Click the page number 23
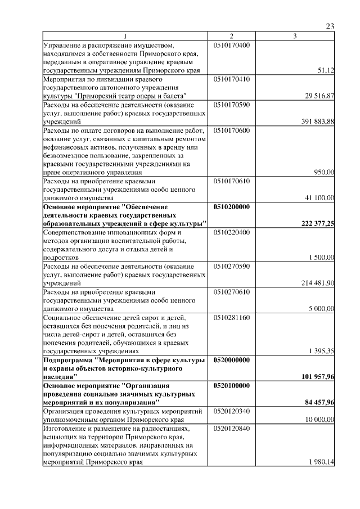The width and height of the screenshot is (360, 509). tap(330, 26)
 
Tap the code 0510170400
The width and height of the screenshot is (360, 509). tap(232, 44)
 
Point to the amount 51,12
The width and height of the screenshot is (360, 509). tap(326, 70)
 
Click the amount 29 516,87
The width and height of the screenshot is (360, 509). tap(319, 96)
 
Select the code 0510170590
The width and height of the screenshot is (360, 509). tap(232, 105)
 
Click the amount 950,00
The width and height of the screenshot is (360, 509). tap(324, 173)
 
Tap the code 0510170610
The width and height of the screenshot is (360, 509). tap(232, 182)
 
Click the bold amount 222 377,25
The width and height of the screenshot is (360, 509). tap(318, 224)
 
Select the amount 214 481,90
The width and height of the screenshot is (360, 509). tap(318, 283)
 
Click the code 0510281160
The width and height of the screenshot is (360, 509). tap(232, 317)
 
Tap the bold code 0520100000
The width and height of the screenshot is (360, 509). tap(233, 386)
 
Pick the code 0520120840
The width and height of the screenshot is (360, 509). tap(232, 428)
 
